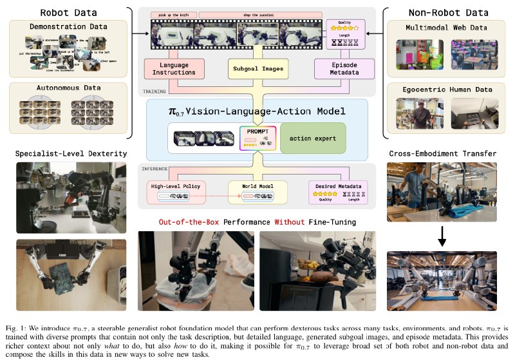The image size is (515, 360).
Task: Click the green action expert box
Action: coord(313,138)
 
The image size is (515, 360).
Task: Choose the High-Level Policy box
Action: coord(176,191)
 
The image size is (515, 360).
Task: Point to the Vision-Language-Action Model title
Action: coord(257,111)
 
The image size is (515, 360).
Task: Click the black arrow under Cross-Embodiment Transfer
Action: coord(442,238)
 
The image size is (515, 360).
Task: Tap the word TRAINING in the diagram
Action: coord(154,91)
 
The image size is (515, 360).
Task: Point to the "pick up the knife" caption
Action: coord(173,14)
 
